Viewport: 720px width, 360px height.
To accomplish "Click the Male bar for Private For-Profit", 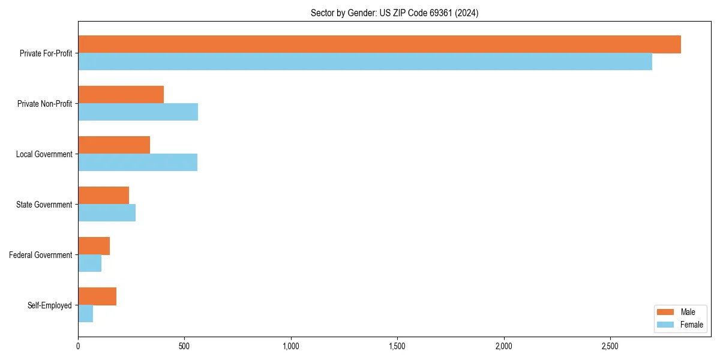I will click(379, 44).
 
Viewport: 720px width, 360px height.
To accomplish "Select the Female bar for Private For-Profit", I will click(365, 62).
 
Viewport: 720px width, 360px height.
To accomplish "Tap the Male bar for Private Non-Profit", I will click(121, 95).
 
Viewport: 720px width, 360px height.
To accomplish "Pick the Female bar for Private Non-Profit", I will click(138, 112).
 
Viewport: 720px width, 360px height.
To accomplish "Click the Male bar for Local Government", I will click(114, 145).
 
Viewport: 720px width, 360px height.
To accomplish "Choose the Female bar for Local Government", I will click(137, 163).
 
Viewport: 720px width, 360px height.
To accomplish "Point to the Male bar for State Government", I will click(103, 196).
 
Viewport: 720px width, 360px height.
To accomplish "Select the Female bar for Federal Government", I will click(89, 263).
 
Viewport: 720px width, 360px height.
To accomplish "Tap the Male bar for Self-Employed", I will click(97, 296).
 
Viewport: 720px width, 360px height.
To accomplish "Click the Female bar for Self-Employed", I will click(85, 314).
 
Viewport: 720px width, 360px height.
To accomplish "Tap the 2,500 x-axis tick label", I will click(610, 347).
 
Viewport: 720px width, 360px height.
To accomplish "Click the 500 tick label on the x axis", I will click(184, 347).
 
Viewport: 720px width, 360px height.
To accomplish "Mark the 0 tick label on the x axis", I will click(78, 347).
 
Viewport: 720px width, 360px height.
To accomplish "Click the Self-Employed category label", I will click(50, 305).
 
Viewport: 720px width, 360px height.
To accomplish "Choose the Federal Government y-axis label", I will click(41, 255).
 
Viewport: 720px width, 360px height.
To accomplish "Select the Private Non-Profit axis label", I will click(44, 104).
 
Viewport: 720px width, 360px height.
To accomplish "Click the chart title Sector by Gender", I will click(394, 13).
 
